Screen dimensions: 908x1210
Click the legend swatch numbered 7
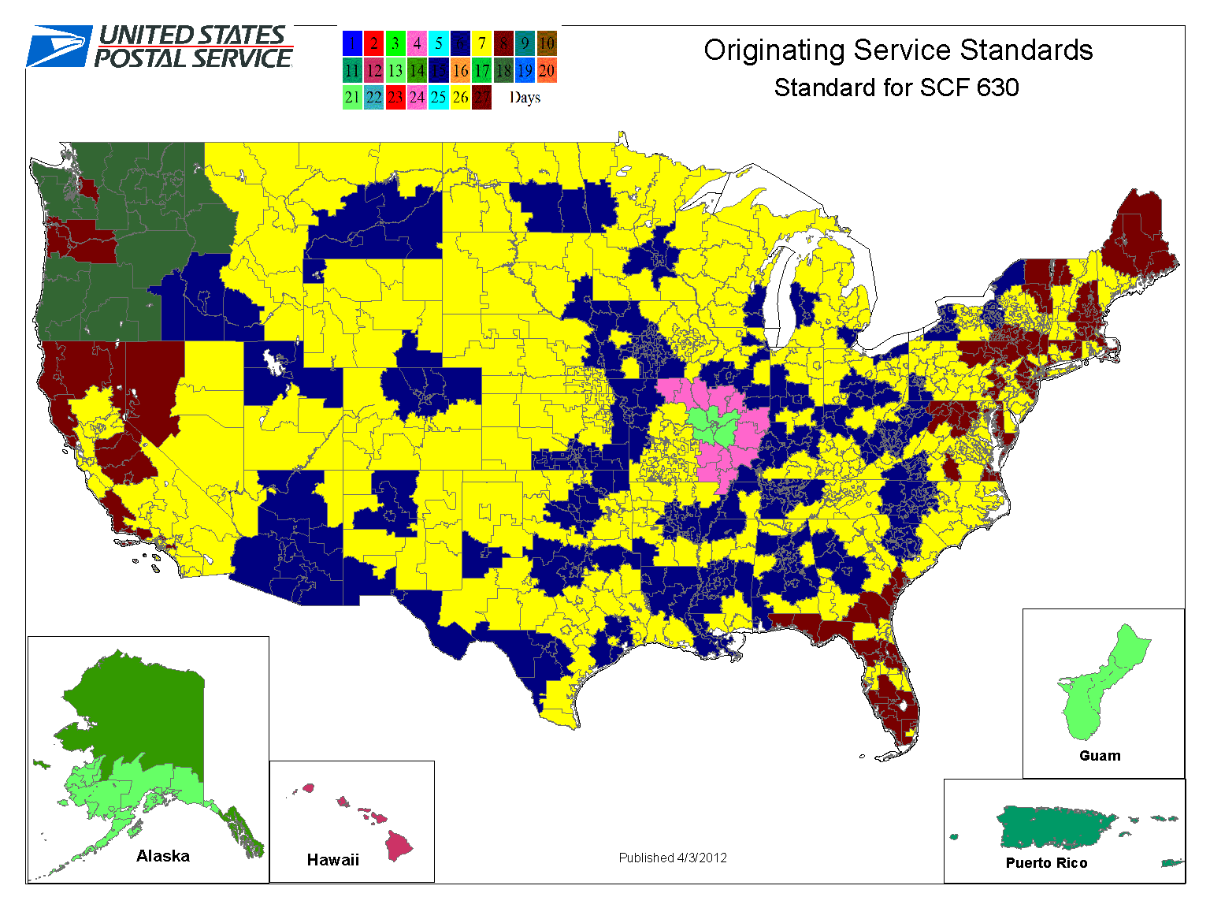tap(482, 43)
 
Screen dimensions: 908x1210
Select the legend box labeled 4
tap(417, 43)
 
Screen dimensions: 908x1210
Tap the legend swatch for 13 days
tap(395, 71)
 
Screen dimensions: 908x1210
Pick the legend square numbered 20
tap(547, 71)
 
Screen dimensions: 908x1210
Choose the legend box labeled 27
tap(482, 98)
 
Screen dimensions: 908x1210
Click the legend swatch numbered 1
tap(352, 43)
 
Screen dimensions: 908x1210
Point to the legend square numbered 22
tap(373, 98)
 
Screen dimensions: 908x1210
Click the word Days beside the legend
tap(525, 98)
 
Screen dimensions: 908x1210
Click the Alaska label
tap(163, 856)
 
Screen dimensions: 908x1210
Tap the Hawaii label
tap(332, 860)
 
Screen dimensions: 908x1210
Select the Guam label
tap(1100, 756)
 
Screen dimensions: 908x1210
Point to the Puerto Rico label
tap(1046, 863)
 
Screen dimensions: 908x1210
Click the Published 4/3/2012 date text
tap(673, 858)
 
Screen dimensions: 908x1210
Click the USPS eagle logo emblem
tap(59, 47)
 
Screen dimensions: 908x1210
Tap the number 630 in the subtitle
tap(998, 87)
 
